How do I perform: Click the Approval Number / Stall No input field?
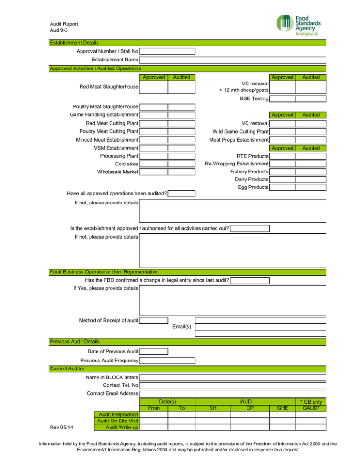[167, 52]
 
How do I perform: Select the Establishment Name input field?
[232, 60]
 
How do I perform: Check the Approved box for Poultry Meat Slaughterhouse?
[153, 107]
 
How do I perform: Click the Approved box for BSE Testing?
[282, 99]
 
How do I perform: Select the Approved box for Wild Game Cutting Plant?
[282, 132]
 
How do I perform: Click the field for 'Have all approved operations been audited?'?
[181, 194]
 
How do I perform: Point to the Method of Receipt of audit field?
[153, 321]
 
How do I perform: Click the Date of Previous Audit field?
[153, 352]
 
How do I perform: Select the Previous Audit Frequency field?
[167, 361]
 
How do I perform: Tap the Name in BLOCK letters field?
[232, 377]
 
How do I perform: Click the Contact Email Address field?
[232, 393]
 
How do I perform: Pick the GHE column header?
[283, 408]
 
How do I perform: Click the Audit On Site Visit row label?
[117, 421]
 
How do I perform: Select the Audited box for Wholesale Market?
[181, 172]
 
